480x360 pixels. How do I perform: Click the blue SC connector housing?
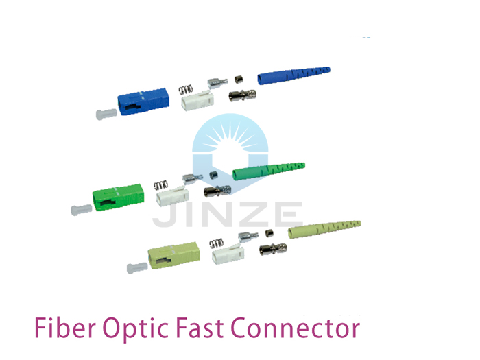[x=143, y=101]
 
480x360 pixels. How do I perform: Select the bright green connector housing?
[x=118, y=197]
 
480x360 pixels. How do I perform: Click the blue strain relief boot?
[x=293, y=75]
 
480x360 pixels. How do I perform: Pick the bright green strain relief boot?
[x=269, y=171]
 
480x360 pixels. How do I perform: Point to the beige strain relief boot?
[x=324, y=229]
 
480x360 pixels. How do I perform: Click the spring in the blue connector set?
[x=186, y=90]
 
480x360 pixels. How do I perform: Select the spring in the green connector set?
[x=160, y=185]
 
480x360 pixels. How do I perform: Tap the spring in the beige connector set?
[x=217, y=243]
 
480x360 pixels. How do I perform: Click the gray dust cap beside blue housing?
[x=106, y=115]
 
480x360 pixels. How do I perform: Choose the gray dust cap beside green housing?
[x=82, y=210]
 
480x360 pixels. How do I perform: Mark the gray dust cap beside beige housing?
[x=137, y=268]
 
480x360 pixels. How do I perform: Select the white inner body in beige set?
[x=228, y=254]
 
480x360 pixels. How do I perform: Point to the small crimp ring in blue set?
[x=239, y=80]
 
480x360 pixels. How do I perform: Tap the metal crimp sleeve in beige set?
[x=273, y=249]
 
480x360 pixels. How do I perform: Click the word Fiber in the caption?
[x=65, y=328]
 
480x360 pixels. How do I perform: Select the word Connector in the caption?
[x=296, y=328]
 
